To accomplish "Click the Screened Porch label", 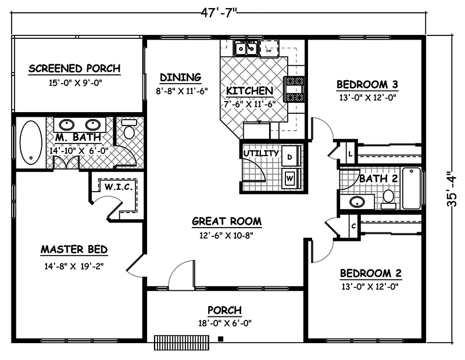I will (x=74, y=69).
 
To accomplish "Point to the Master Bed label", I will (x=74, y=250).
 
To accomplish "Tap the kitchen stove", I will (x=294, y=89).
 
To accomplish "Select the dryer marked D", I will (x=291, y=156).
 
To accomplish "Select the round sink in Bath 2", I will (x=356, y=201).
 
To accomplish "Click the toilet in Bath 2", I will (x=388, y=199).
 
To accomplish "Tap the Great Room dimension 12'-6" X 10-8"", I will (x=227, y=235).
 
